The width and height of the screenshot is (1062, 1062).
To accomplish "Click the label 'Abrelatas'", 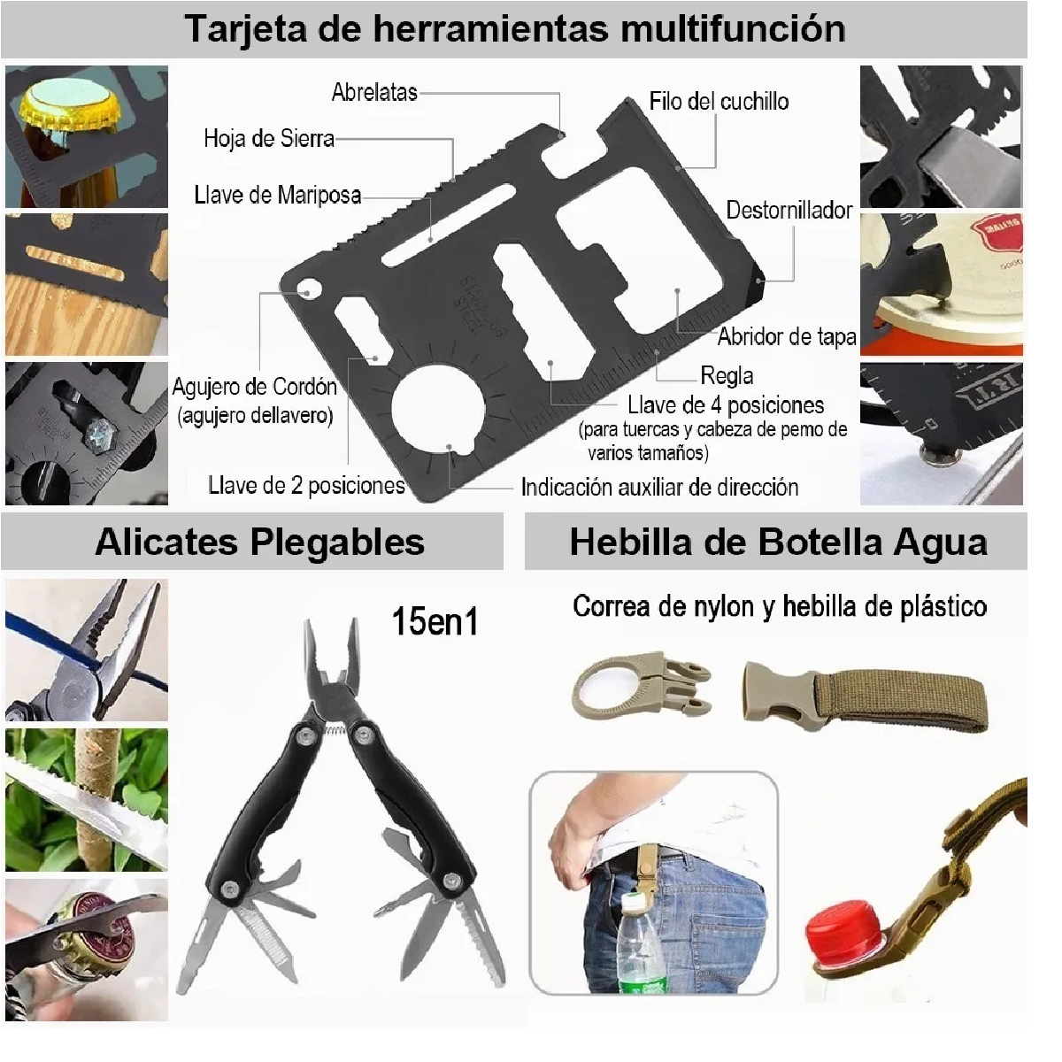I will (373, 92).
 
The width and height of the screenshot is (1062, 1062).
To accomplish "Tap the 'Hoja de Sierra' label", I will (268, 138).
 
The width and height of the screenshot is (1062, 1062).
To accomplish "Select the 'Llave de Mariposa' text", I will (277, 195).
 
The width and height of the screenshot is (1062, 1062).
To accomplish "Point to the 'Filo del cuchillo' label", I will (718, 101).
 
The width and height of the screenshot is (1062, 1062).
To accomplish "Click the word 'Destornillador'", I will (789, 211).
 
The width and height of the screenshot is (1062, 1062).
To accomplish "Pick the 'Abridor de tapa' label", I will (786, 336).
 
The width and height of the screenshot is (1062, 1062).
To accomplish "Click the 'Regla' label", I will (726, 375).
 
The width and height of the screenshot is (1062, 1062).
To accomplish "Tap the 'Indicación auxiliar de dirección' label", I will (659, 488).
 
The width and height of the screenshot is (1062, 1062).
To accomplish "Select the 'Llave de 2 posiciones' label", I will (306, 485).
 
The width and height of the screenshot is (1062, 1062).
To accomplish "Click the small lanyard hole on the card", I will (308, 288).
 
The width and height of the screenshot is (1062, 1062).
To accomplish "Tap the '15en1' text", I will (435, 621).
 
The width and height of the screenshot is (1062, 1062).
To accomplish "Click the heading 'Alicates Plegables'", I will (259, 542).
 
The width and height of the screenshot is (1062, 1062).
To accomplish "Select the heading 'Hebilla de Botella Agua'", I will (778, 542).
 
